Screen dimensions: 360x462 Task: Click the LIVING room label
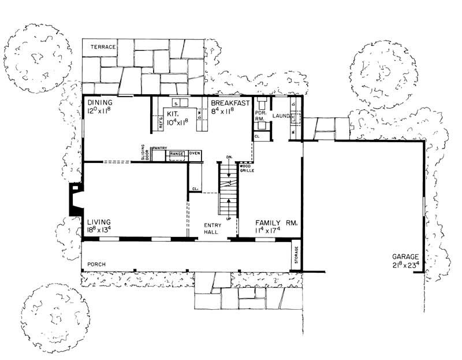click(x=99, y=222)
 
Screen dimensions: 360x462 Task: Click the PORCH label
click(x=96, y=264)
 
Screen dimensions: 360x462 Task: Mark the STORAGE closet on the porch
click(x=297, y=255)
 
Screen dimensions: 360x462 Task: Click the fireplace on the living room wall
click(x=76, y=199)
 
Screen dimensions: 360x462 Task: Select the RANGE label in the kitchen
click(x=177, y=154)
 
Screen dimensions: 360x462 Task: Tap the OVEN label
click(x=195, y=153)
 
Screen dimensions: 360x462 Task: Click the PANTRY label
click(x=159, y=149)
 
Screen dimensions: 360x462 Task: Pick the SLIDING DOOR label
click(x=144, y=153)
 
